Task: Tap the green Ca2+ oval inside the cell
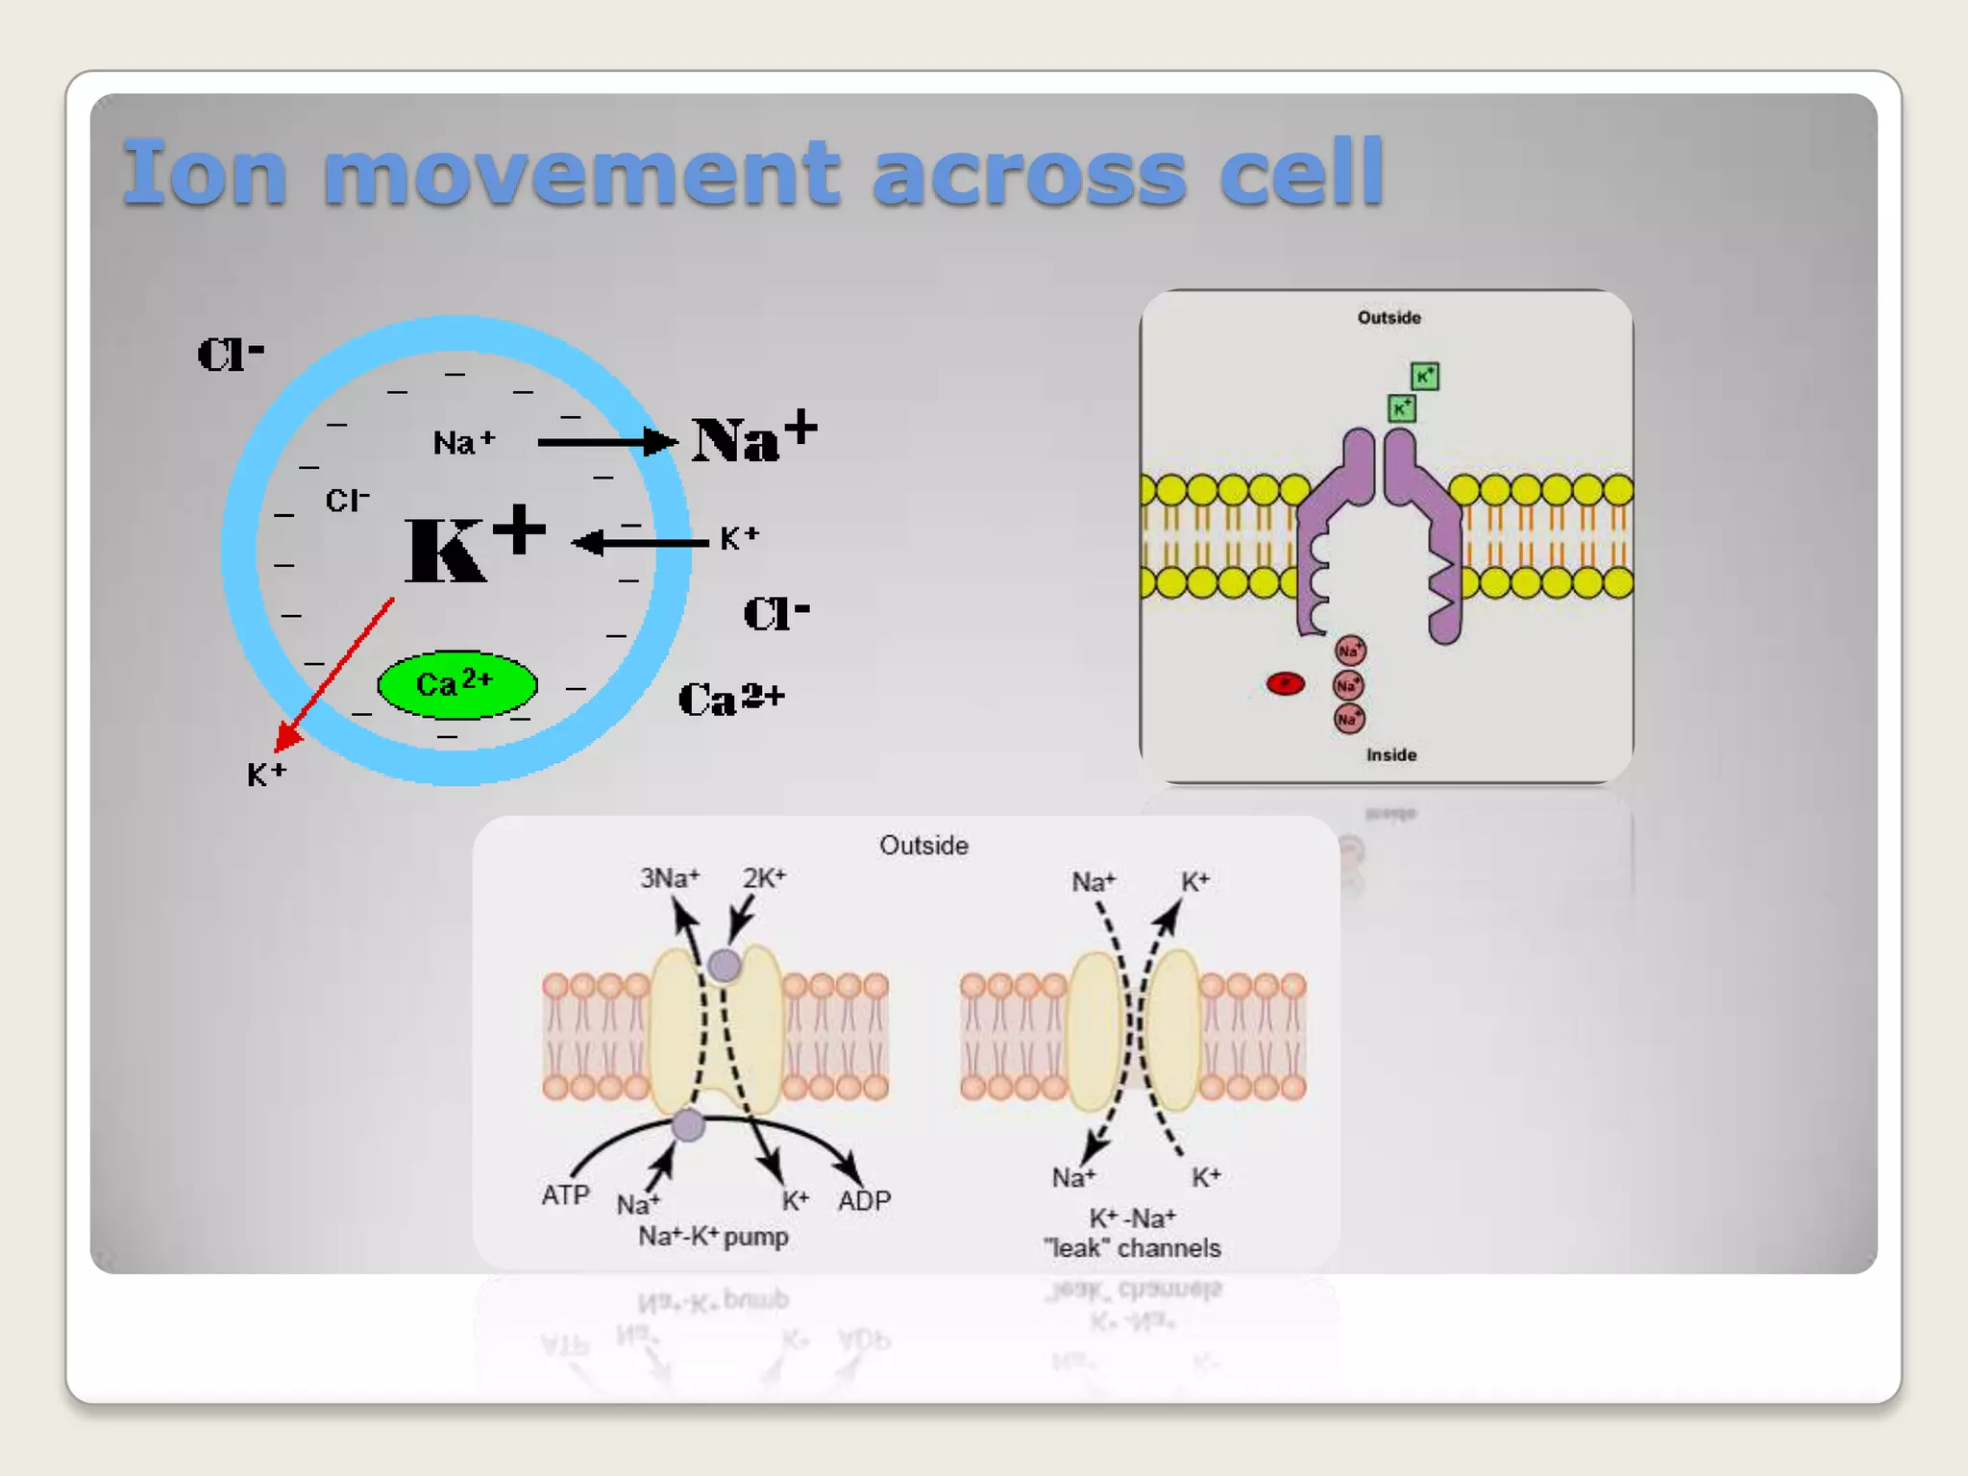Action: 456,684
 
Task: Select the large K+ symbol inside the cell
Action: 474,545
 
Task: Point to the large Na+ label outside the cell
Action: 753,438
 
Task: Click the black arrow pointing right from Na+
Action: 605,442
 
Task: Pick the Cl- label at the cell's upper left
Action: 230,354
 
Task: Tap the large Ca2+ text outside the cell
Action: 731,699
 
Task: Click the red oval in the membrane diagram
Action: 1285,683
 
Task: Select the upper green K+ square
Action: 1424,376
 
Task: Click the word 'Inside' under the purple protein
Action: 1390,755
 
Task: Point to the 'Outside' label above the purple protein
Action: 1389,318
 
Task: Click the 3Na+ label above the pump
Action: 670,878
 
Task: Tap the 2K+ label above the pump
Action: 764,878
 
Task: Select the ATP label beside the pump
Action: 565,1195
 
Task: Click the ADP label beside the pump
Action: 864,1200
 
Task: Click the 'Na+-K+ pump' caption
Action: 713,1237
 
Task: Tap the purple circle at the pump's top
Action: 725,965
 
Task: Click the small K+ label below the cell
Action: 266,775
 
